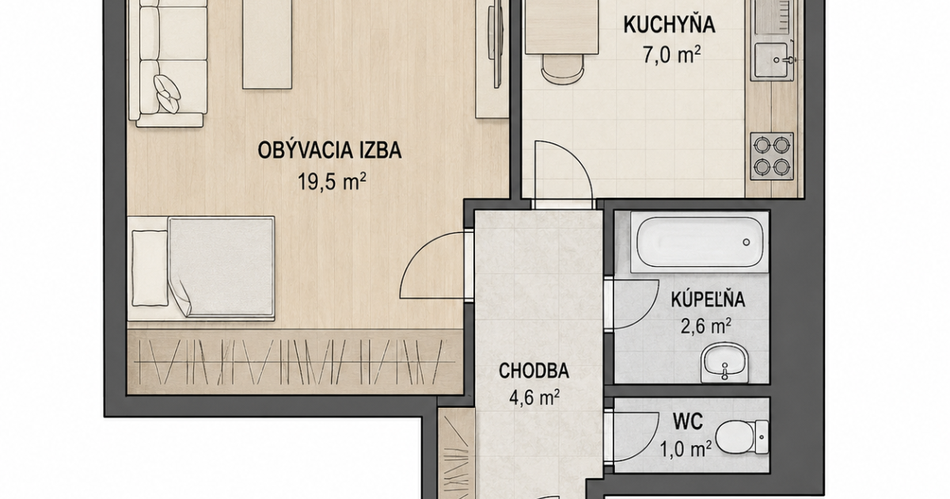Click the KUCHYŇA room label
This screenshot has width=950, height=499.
669,25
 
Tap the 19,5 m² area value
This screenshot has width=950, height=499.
332,181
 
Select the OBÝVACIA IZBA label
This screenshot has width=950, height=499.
329,150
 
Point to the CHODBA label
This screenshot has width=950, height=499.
534,371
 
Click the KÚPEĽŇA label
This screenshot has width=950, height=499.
708,299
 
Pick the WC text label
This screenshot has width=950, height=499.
688,421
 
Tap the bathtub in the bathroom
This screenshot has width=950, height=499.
699,242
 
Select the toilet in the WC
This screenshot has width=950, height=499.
742,437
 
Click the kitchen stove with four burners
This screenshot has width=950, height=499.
772,156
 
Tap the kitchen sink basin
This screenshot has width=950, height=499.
772,61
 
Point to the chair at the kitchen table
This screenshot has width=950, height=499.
562,70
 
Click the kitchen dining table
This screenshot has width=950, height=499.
562,27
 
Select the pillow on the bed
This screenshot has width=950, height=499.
150,269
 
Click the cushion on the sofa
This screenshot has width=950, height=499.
167,93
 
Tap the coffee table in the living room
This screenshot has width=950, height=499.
268,44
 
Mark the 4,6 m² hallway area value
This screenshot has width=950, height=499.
534,398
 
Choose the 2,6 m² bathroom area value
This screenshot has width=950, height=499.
705,326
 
